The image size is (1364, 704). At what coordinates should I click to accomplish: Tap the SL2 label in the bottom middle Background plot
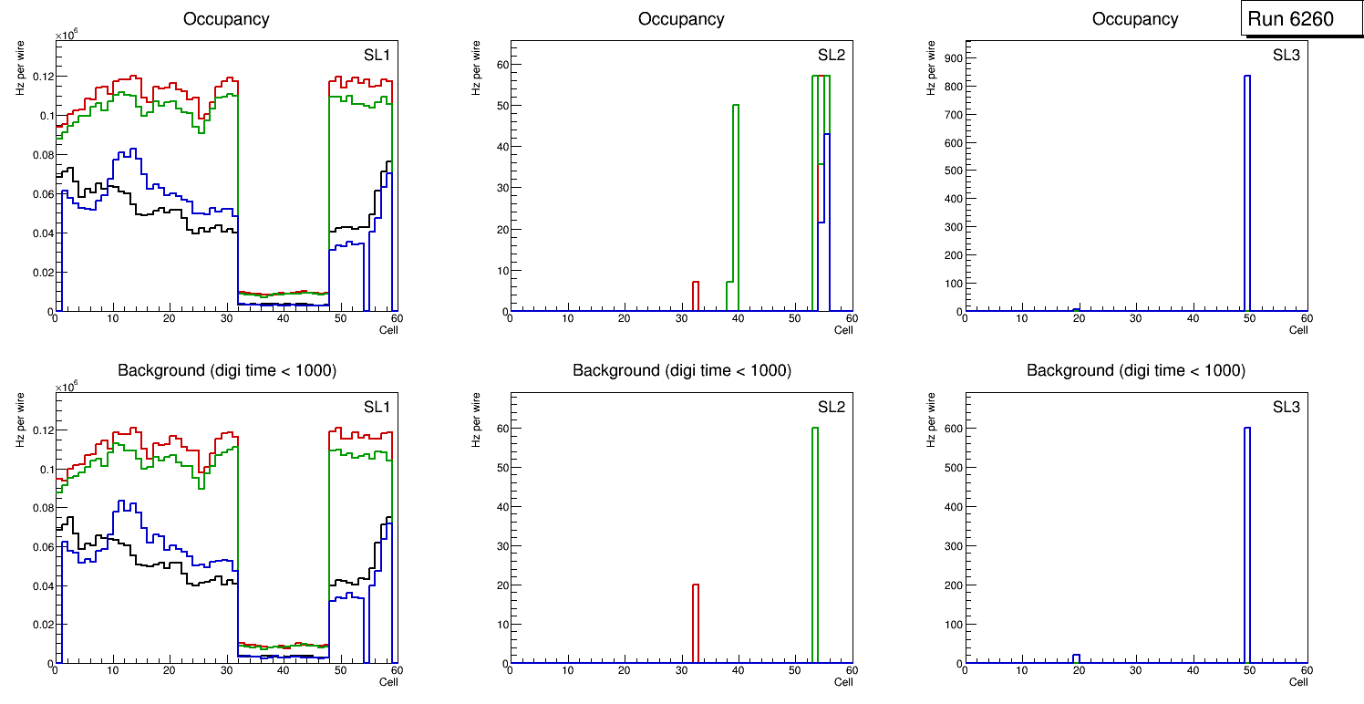(x=831, y=407)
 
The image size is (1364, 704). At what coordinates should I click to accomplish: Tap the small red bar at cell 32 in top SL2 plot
(x=696, y=296)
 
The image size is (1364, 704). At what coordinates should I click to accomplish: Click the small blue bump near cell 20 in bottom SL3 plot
(x=1077, y=658)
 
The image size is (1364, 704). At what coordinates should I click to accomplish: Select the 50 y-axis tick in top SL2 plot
(x=501, y=105)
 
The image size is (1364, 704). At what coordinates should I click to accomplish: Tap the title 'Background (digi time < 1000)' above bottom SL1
(x=227, y=370)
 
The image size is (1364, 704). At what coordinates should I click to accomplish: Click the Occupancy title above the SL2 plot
(x=681, y=18)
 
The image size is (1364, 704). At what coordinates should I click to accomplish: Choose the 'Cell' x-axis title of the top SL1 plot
(x=388, y=329)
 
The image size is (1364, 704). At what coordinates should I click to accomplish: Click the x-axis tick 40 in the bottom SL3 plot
(x=1192, y=672)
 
